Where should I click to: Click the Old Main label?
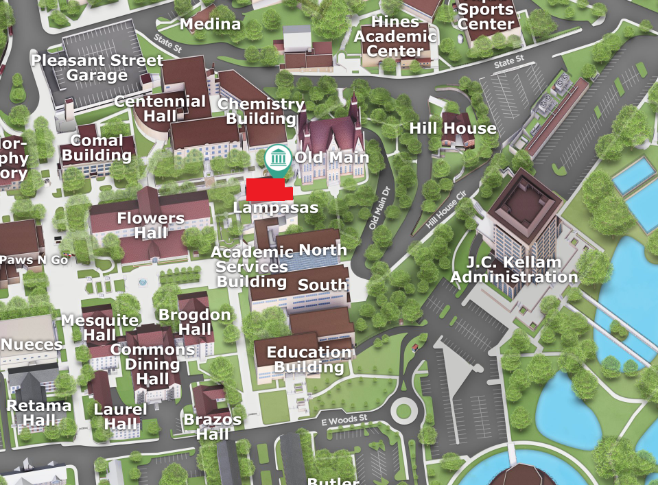331,158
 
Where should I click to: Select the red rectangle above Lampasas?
268,189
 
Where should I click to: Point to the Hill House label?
452,128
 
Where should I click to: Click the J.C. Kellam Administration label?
514,270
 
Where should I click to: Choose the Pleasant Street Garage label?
97,67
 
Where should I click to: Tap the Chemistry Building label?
261,111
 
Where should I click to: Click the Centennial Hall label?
160,108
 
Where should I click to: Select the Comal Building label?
97,148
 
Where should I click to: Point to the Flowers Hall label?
150,225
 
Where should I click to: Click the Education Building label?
309,359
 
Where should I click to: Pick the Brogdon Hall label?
195,322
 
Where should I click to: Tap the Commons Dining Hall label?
152,364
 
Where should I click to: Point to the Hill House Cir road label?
446,211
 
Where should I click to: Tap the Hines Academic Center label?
395,36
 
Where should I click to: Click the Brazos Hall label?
213,427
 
